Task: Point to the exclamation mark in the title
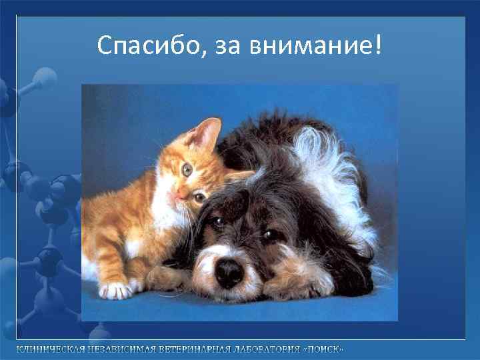(x=379, y=44)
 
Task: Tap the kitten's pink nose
(x=181, y=193)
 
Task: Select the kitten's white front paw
(x=115, y=289)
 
